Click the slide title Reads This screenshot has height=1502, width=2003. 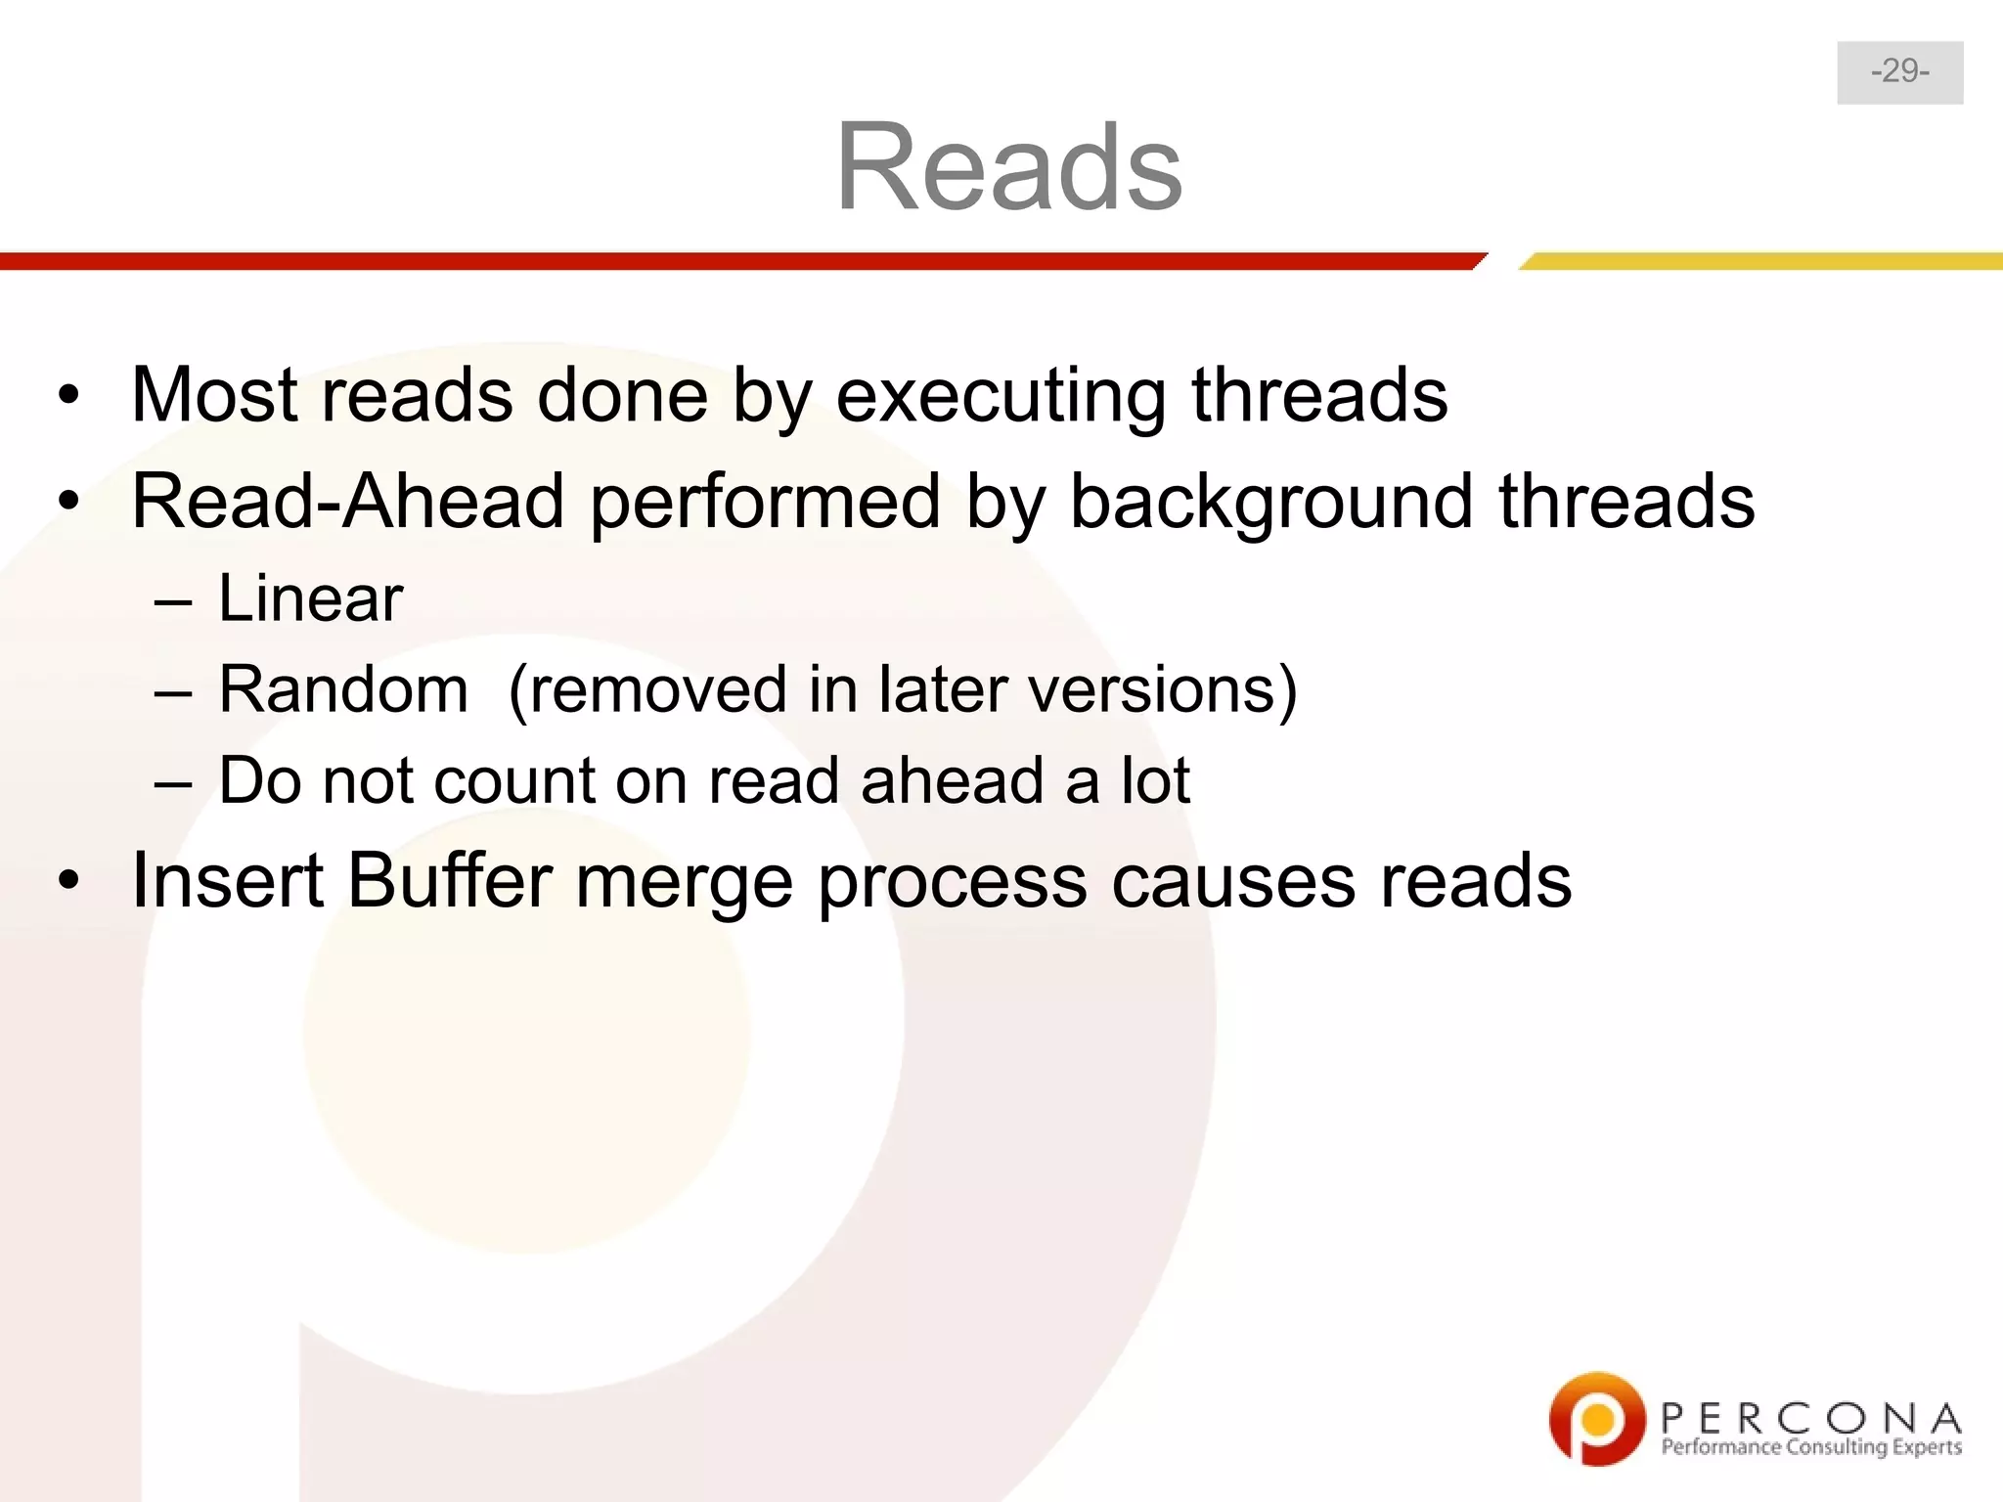pos(1008,166)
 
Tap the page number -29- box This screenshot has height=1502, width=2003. pos(1899,72)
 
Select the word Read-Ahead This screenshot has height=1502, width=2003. pos(347,502)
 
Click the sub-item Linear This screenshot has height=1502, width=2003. pos(309,598)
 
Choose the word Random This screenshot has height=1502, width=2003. pos(343,689)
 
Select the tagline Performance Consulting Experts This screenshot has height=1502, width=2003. pos(1810,1447)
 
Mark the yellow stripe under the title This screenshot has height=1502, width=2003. pos(1760,261)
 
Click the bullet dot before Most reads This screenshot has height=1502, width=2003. pos(67,396)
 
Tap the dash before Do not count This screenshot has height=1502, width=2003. pos(172,782)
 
